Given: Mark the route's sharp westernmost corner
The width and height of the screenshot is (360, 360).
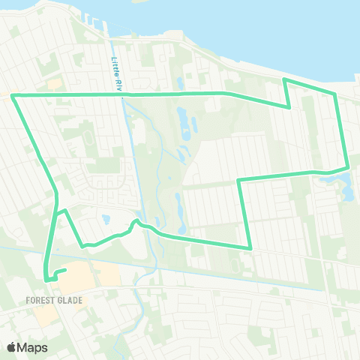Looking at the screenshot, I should [x=13, y=95].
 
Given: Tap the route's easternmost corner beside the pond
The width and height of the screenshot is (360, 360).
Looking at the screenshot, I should [x=347, y=168].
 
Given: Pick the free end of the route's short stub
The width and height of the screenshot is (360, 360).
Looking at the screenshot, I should [x=66, y=270].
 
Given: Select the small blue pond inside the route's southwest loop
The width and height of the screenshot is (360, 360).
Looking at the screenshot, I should [x=106, y=220].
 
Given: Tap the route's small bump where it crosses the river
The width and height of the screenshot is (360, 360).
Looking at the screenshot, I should [x=136, y=222].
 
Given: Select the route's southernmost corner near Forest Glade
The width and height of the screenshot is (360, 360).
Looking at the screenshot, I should [x=47, y=280].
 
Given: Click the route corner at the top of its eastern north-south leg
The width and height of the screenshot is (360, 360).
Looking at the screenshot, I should [x=238, y=180].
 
